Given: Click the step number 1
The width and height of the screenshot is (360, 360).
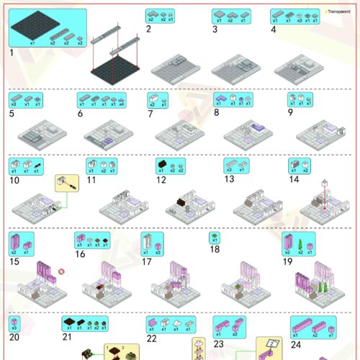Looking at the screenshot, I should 12,52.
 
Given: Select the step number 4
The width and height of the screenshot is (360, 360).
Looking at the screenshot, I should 274,30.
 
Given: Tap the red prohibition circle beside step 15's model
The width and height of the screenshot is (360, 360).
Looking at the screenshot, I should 63,271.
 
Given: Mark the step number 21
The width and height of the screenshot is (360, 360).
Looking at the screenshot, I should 67,336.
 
